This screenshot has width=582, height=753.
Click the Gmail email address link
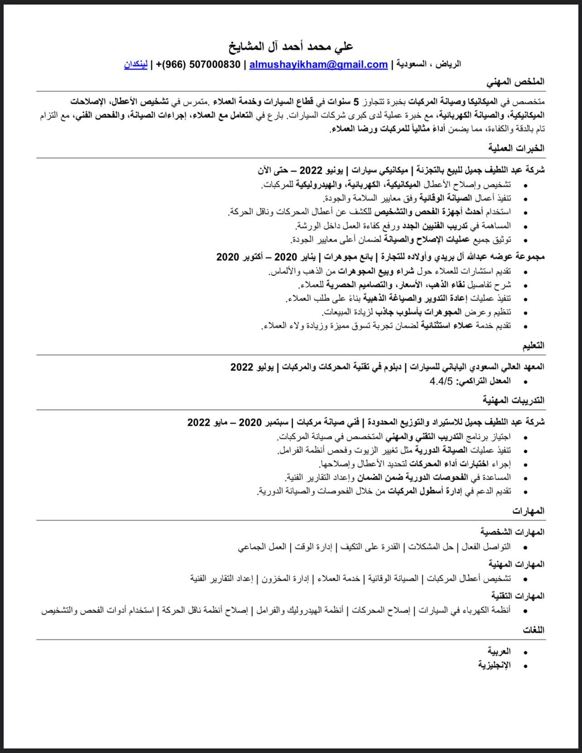318,64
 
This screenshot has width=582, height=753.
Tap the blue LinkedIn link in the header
136,64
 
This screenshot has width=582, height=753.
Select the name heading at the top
291,46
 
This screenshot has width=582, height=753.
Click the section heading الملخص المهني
515,82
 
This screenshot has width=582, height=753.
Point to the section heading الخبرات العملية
516,148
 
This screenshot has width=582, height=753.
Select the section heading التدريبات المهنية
513,400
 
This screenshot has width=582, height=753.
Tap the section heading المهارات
529,511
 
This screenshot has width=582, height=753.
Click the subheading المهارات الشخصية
512,531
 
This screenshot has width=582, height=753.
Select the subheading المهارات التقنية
518,596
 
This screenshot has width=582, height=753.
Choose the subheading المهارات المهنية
516,564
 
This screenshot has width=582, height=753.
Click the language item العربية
499,651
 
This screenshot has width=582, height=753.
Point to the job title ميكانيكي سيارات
376,170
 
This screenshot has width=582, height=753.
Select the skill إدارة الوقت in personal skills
312,547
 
